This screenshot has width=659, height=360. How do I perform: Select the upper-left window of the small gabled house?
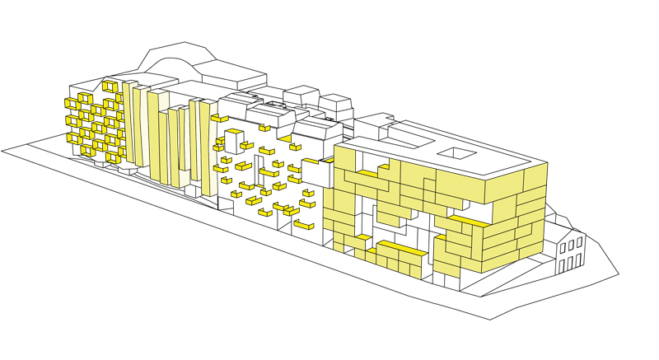(563, 247)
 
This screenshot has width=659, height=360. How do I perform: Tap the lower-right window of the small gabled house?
(580, 258)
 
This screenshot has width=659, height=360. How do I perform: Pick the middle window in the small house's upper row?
(572, 243)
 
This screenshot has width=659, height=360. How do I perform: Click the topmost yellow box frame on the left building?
(110, 86)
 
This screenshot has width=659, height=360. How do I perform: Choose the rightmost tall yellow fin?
(207, 148)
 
